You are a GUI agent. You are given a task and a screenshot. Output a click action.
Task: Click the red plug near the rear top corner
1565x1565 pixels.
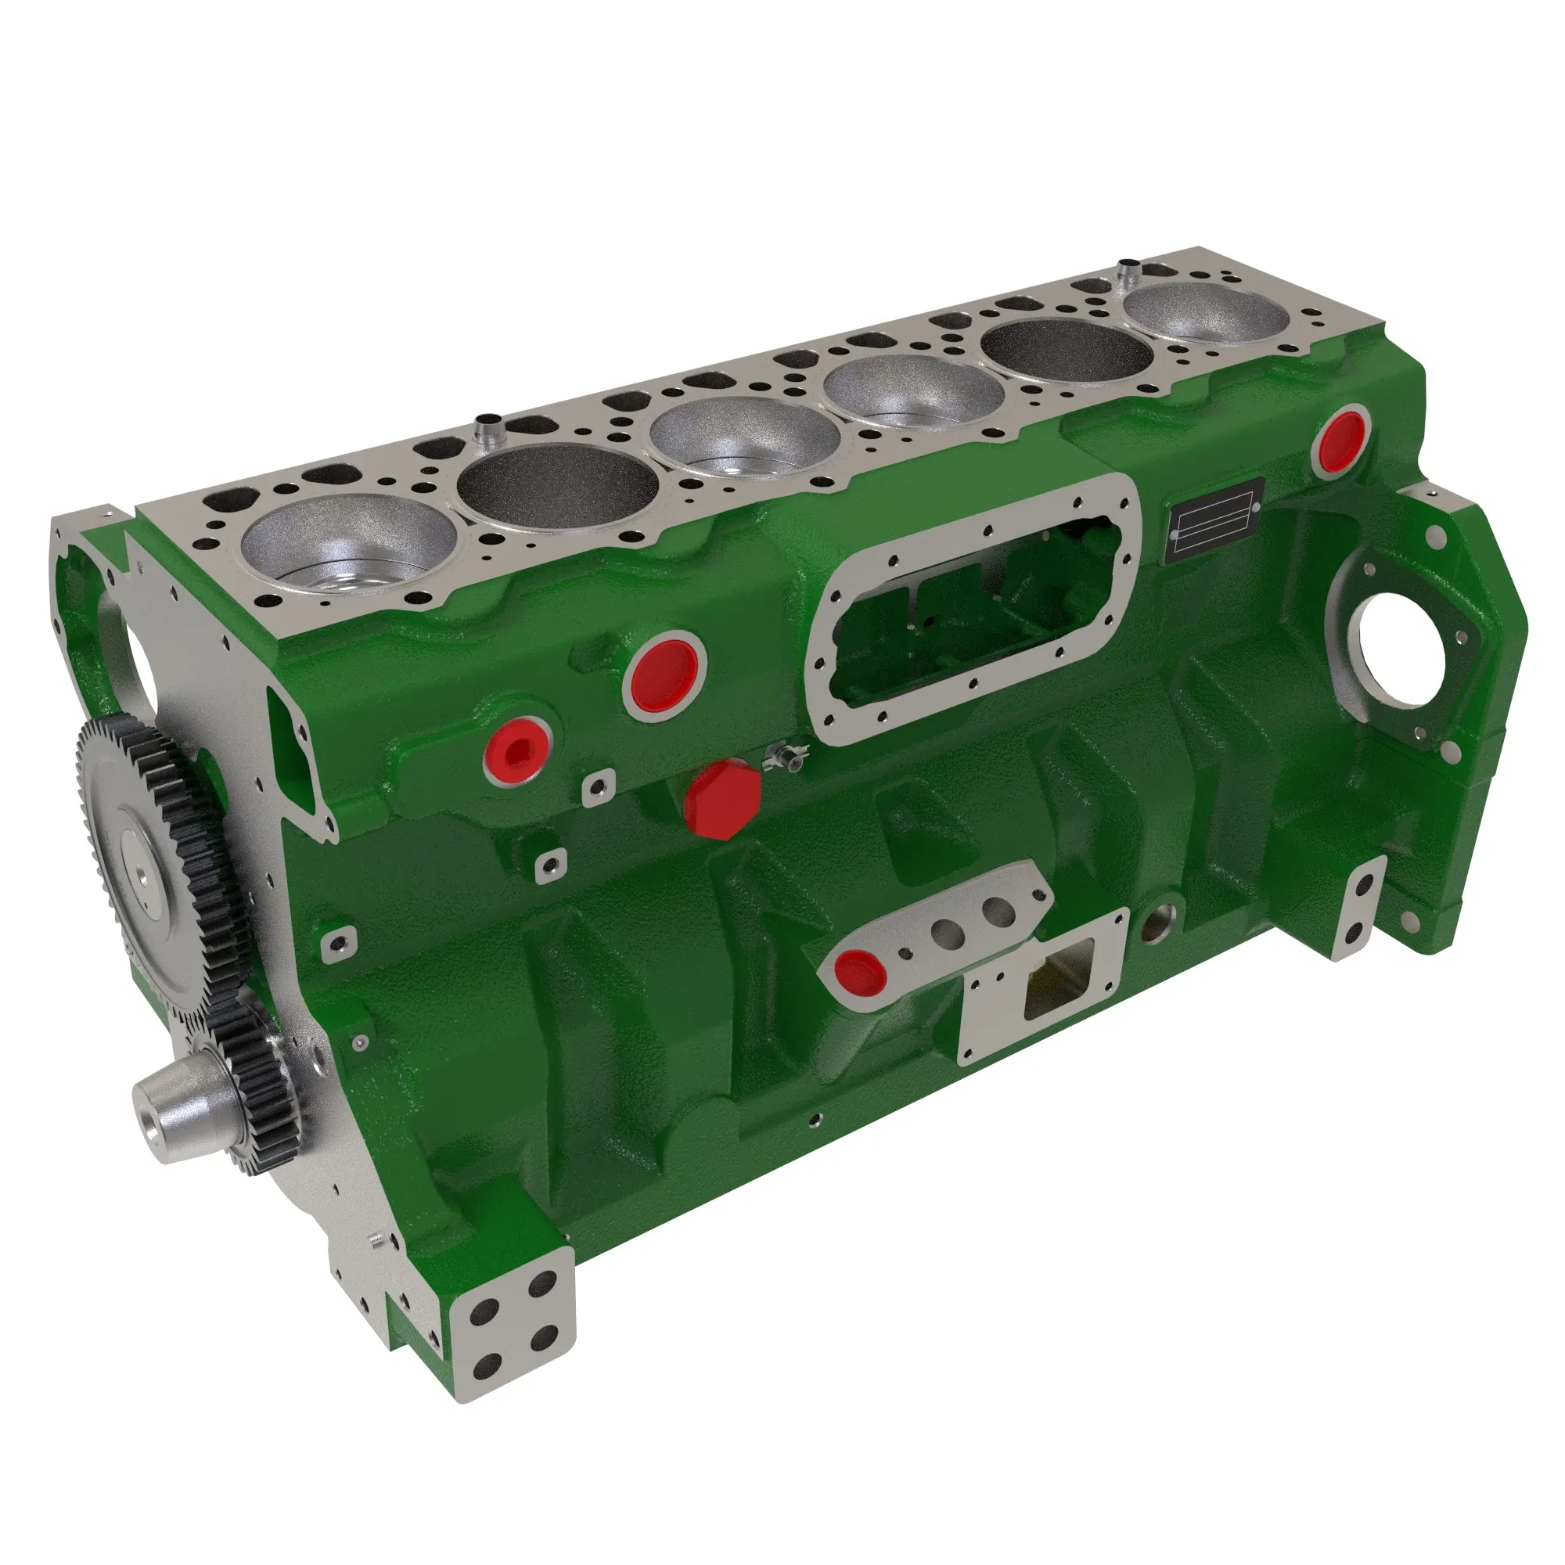tap(1340, 441)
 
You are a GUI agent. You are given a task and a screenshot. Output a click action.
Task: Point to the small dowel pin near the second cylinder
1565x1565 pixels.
tap(487, 427)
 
